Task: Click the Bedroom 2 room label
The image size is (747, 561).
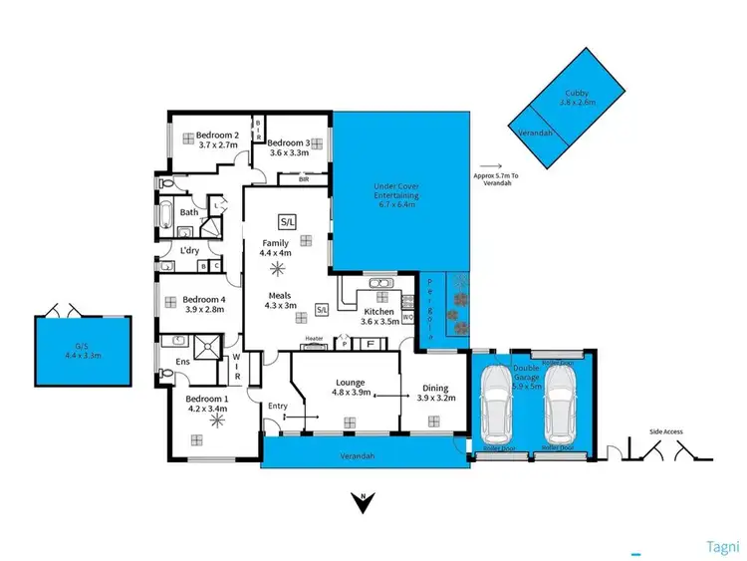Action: (217, 135)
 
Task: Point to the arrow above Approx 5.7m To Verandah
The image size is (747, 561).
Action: (490, 168)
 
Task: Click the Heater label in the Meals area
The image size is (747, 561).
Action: (314, 339)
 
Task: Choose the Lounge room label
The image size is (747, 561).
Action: (350, 382)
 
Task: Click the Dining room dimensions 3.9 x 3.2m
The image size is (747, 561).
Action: (434, 398)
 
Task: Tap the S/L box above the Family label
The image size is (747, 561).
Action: (287, 220)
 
